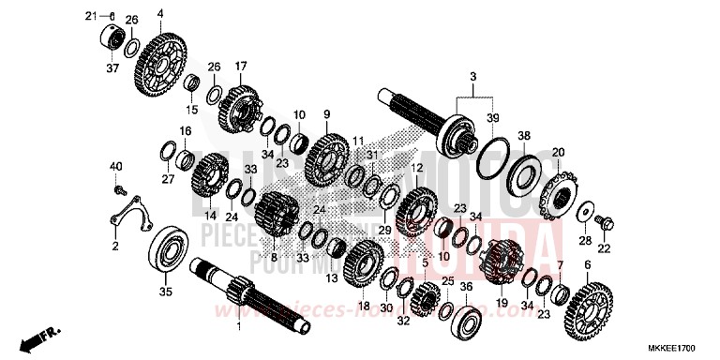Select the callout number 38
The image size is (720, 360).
click(523, 135)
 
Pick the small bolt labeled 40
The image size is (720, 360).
click(119, 189)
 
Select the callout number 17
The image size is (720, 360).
click(240, 66)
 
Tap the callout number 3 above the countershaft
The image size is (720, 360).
click(472, 75)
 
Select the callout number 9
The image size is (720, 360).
click(327, 113)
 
